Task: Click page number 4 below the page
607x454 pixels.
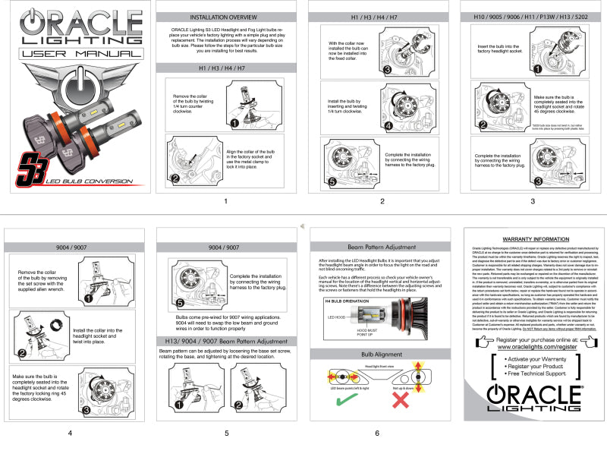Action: click(70, 434)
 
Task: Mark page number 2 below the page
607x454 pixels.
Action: click(382, 201)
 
